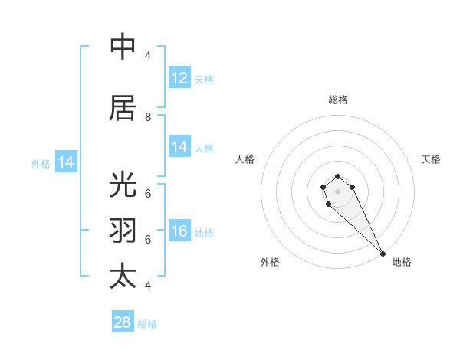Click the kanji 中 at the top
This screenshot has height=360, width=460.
click(123, 47)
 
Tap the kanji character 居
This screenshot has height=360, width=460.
click(123, 108)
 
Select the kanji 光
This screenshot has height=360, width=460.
click(123, 185)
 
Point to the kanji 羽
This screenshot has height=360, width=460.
click(123, 231)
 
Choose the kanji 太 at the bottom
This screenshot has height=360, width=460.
click(123, 276)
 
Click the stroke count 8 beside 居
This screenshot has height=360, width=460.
click(148, 116)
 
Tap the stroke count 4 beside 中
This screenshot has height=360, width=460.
click(148, 55)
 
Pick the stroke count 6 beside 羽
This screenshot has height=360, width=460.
click(148, 239)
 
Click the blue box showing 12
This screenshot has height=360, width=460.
click(179, 78)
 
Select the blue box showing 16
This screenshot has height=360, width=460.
click(179, 231)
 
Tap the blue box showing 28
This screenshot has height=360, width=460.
click(123, 322)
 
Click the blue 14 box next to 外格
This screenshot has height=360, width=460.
click(66, 162)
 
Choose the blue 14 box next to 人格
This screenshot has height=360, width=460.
click(179, 147)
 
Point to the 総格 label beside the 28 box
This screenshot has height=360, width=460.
click(147, 324)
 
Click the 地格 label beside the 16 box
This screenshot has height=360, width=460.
click(204, 232)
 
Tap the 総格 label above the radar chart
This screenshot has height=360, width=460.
click(338, 100)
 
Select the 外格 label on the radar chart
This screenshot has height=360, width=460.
click(270, 262)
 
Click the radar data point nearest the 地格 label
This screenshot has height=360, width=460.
click(383, 254)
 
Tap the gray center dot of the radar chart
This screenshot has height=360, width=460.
click(338, 190)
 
